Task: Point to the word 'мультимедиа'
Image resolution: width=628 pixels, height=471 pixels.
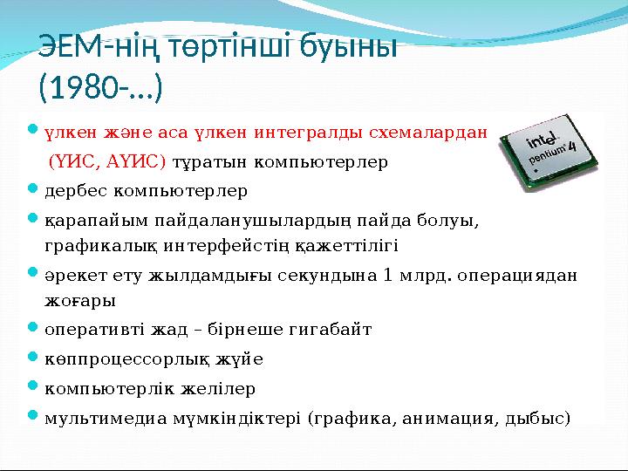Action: coord(107,416)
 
